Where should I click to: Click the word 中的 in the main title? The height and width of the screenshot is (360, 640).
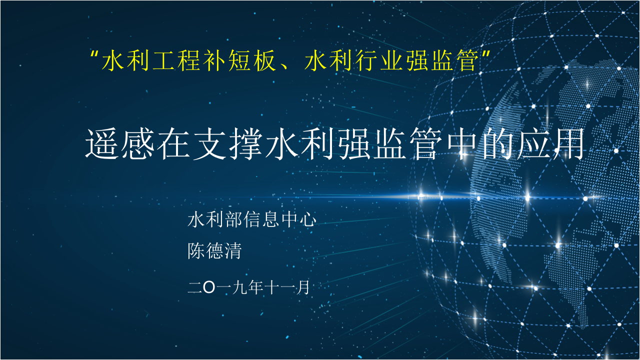click(x=472, y=144)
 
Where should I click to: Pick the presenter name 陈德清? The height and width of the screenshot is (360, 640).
click(x=214, y=250)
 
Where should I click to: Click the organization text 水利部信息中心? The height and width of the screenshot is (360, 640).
click(x=251, y=219)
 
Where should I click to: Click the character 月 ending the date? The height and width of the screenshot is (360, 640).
click(x=303, y=287)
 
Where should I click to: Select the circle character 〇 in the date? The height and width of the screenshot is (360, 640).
click(x=209, y=287)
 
